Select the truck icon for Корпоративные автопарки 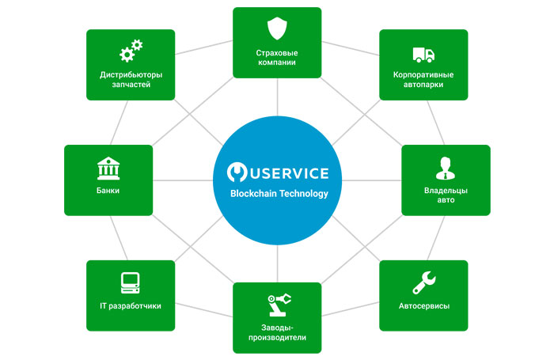tap(423, 55)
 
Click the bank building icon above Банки tap(108, 168)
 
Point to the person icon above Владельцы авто tap(446, 169)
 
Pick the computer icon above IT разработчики tap(131, 282)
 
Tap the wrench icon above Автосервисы tap(423, 282)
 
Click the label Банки tap(108, 191)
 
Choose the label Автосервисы tap(423, 305)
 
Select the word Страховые tap(277, 52)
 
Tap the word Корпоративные tap(423, 75)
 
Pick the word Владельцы tap(446, 190)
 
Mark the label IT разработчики tap(131, 305)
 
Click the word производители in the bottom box tap(277, 338)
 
